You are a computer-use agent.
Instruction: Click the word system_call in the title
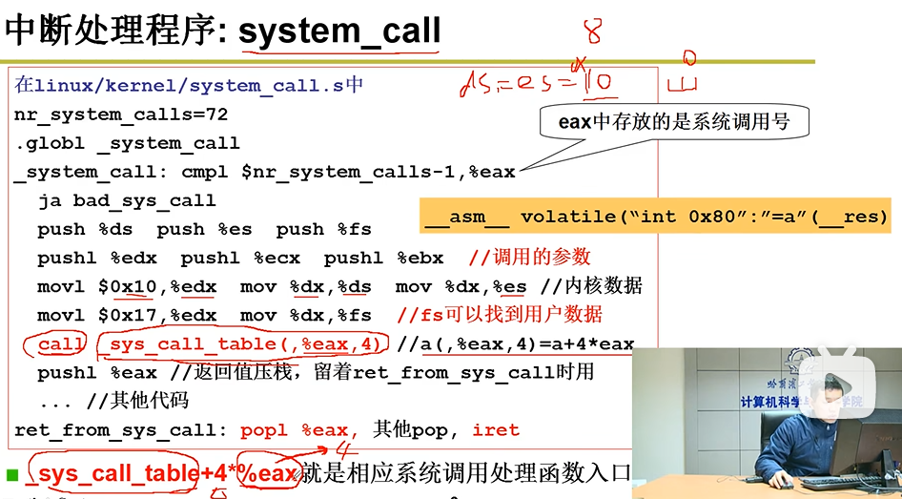(x=338, y=31)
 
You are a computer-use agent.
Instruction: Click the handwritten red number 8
(x=593, y=31)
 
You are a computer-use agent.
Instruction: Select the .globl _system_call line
(x=127, y=143)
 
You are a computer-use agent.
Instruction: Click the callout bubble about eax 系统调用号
(x=672, y=122)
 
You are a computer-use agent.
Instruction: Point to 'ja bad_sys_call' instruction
(x=127, y=200)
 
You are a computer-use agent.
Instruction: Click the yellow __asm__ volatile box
(x=656, y=217)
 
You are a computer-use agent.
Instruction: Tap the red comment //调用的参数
(x=531, y=258)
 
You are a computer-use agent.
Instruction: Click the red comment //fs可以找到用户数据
(x=500, y=315)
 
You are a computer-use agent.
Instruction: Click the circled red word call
(x=61, y=343)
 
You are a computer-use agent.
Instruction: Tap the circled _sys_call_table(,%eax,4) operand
(x=245, y=343)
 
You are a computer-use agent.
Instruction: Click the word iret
(x=496, y=429)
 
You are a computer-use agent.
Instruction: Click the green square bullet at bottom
(x=12, y=473)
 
